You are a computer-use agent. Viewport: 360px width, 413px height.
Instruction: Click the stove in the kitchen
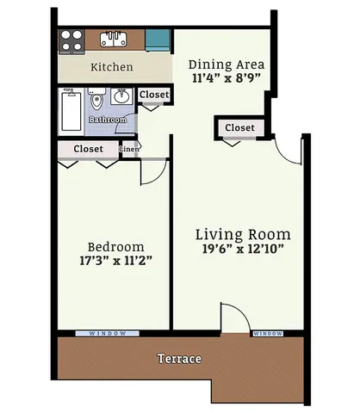click(x=71, y=40)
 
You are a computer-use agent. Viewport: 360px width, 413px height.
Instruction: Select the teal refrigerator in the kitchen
click(x=157, y=39)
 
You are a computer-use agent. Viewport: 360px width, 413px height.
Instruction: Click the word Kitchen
click(x=112, y=66)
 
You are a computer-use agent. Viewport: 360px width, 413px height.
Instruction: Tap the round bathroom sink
click(x=122, y=97)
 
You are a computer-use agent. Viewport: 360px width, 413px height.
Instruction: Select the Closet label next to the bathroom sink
click(x=154, y=95)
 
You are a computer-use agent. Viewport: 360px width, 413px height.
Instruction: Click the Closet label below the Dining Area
click(x=239, y=127)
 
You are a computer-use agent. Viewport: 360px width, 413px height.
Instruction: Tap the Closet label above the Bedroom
click(x=89, y=149)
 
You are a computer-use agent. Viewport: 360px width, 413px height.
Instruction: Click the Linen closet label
click(x=130, y=149)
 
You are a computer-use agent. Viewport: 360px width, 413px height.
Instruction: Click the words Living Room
click(x=242, y=234)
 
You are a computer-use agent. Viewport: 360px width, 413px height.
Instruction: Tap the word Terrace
click(x=179, y=358)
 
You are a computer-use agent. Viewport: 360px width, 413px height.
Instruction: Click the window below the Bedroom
click(x=108, y=333)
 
